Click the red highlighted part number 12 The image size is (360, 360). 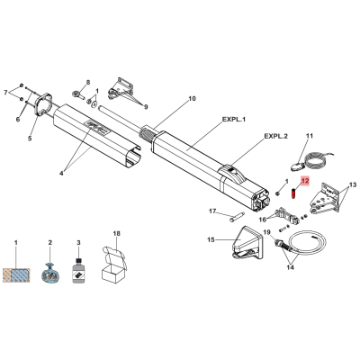tap(305, 181)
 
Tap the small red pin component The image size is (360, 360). tap(293, 193)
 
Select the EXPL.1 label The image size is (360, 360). tap(234, 120)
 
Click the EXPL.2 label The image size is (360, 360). tap(275, 136)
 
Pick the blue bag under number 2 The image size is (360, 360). tap(50, 273)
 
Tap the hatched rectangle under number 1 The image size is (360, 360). tap(16, 275)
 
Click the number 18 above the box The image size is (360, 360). tap(116, 233)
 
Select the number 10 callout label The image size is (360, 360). tap(192, 98)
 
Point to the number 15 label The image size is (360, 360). tap(211, 239)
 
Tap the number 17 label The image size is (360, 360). tap(212, 211)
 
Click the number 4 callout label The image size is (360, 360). tap(61, 173)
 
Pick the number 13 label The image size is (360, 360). tap(353, 184)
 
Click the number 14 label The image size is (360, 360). tap(290, 267)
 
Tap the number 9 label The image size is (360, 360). tap(146, 107)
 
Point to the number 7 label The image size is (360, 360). tap(5, 93)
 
